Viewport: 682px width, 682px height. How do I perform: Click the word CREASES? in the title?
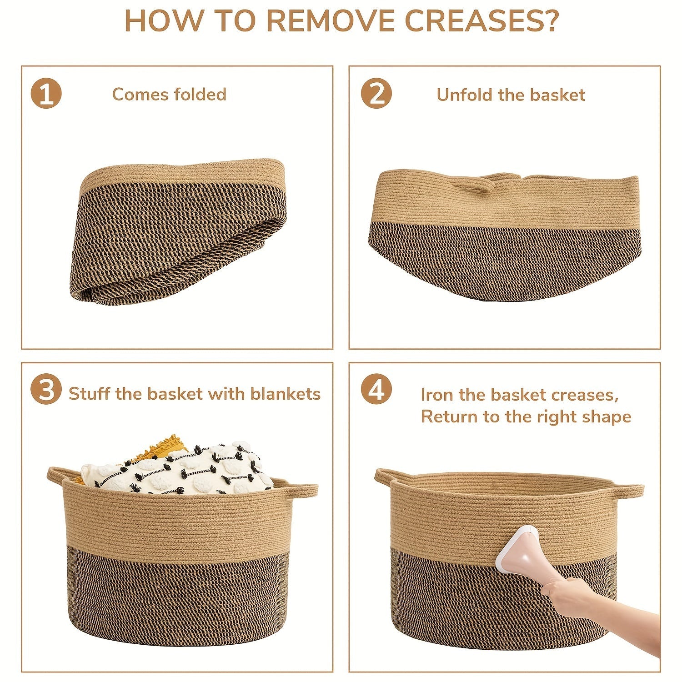tap(482, 21)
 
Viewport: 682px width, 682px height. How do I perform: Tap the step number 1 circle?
tap(46, 93)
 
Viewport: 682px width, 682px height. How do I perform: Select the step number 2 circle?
tap(376, 93)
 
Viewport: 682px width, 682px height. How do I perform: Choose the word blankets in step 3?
tap(286, 393)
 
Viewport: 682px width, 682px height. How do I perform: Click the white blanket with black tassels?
tap(182, 468)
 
